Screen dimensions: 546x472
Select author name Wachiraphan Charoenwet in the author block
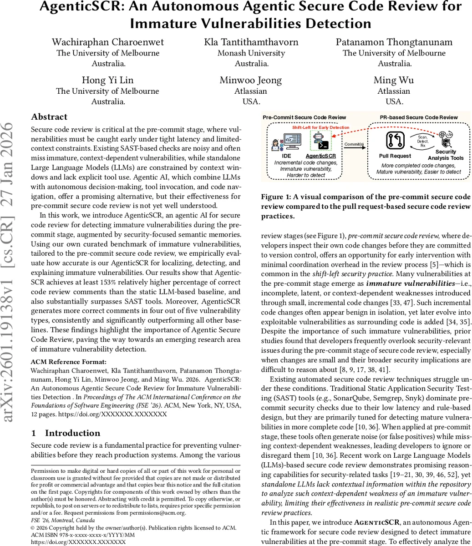(x=108, y=42)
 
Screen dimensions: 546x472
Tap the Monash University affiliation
(x=251, y=53)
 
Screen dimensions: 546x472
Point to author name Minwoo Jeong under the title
(x=251, y=80)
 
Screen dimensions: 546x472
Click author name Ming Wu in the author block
(x=394, y=80)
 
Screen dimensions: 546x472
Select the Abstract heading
(x=49, y=117)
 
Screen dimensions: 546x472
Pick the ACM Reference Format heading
(x=68, y=362)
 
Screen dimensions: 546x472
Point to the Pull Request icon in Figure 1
(x=395, y=141)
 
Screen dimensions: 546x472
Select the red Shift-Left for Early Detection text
(x=320, y=127)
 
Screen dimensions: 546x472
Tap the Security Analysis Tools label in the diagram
(x=446, y=155)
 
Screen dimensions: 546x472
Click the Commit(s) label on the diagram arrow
(x=354, y=144)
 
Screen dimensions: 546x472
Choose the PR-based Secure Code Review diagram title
(x=419, y=117)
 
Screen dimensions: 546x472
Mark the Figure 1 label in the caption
(x=278, y=197)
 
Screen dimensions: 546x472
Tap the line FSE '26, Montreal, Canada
(x=63, y=520)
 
